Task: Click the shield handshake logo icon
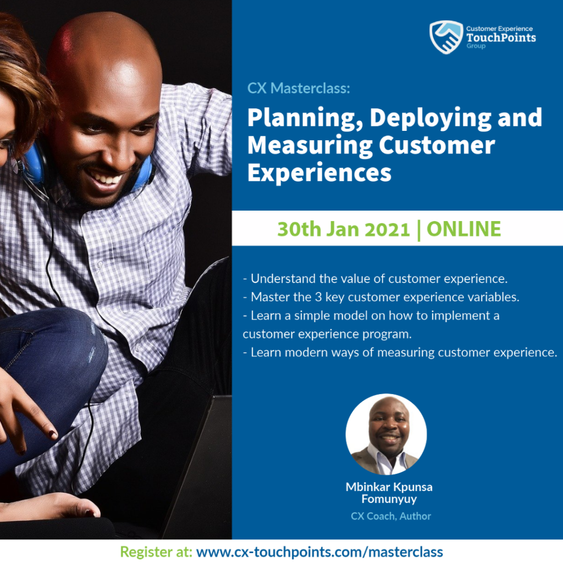point(446,37)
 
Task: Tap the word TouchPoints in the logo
point(501,37)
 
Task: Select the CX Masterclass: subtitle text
point(299,89)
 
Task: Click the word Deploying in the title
point(430,119)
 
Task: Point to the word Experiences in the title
point(319,173)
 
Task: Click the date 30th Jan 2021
point(343,229)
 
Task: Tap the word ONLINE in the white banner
point(463,229)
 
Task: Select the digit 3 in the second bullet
point(318,297)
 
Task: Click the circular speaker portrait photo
point(386,434)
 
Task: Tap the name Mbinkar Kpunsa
point(389,487)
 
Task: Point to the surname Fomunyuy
point(389,499)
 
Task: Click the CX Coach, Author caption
point(391,516)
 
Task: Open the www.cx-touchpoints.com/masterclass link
point(319,552)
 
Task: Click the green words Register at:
point(156,552)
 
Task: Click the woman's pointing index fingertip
point(53,435)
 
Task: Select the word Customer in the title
point(437,145)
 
